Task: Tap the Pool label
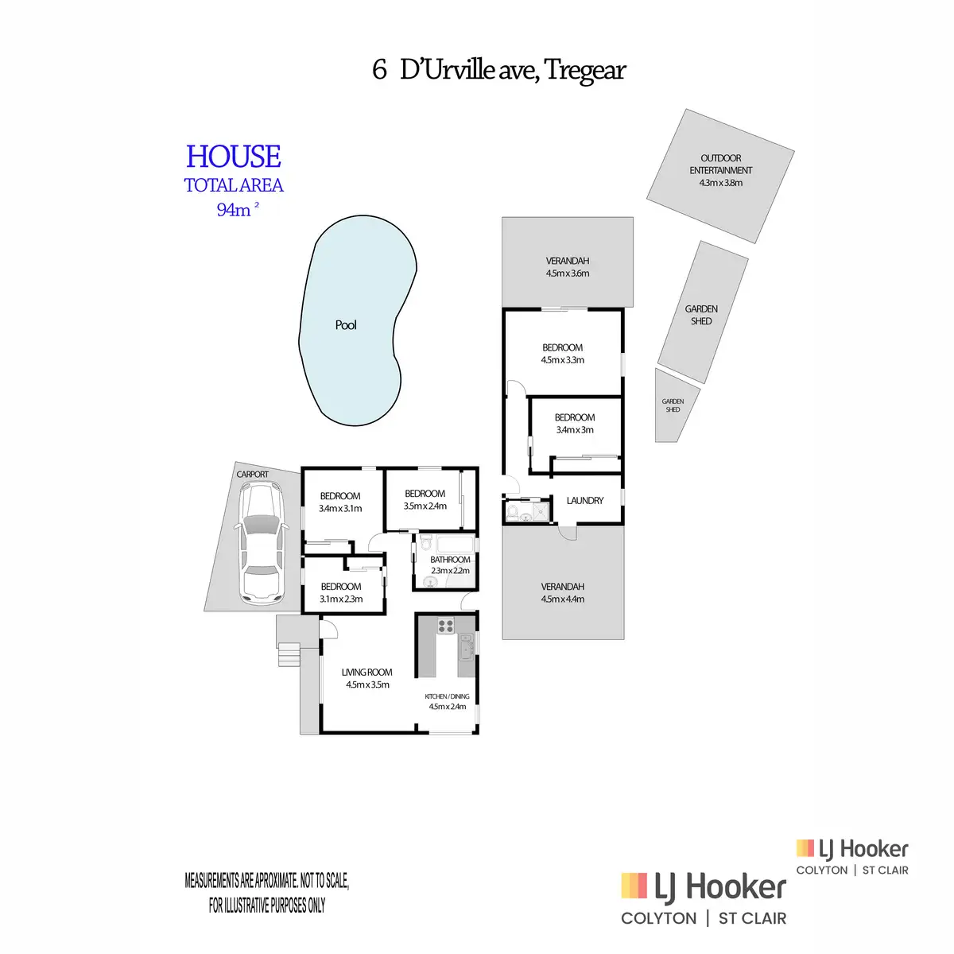(x=346, y=325)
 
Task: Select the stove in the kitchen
(x=445, y=626)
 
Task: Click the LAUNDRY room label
(x=585, y=501)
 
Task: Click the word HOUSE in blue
(x=234, y=157)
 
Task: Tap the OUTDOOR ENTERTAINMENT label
(x=721, y=164)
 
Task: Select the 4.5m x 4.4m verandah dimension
(x=563, y=599)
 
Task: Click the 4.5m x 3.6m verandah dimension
(x=568, y=273)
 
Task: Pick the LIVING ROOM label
(x=367, y=673)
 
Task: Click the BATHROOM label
(x=450, y=560)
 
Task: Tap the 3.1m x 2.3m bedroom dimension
(x=341, y=599)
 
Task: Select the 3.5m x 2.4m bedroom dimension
(x=425, y=506)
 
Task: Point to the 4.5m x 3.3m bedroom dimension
(x=563, y=360)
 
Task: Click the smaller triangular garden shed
(x=674, y=407)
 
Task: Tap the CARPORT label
(x=253, y=475)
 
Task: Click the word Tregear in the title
(x=585, y=70)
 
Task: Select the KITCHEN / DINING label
(x=447, y=696)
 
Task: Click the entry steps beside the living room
(x=288, y=656)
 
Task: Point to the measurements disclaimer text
(x=267, y=893)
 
